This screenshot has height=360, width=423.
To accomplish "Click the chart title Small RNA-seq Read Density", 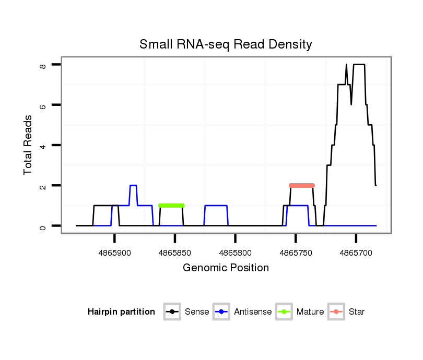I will click(x=226, y=45).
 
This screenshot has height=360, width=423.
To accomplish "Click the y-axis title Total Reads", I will click(x=28, y=145).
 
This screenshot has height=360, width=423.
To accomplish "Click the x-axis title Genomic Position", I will click(x=226, y=268).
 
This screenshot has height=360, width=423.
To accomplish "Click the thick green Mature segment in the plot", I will click(x=171, y=206).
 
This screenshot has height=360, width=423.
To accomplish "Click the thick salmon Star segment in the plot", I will click(x=302, y=185).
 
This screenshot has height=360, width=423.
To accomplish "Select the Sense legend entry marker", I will click(x=172, y=312).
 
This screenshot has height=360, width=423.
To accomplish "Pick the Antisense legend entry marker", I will click(x=222, y=312).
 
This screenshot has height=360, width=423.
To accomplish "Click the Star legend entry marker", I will click(x=336, y=312).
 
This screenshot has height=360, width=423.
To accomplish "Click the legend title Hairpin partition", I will click(x=121, y=312).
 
